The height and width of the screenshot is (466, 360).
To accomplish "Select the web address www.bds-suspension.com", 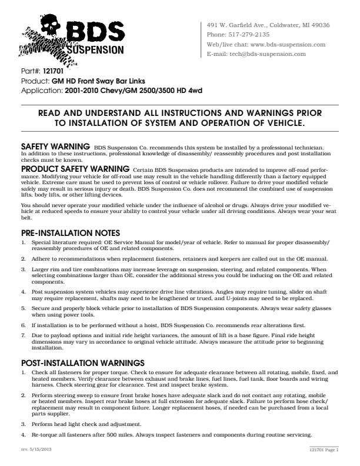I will (288, 44).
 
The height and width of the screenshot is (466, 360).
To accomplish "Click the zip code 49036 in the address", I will (321, 25).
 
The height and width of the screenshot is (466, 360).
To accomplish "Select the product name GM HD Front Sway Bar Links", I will (99, 81).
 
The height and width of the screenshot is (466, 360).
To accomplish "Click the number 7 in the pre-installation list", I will (24, 334).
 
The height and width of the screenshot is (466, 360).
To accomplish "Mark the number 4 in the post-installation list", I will (24, 435).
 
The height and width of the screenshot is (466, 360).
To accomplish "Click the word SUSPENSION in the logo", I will (95, 49).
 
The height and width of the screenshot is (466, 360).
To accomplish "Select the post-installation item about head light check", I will (86, 424).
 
